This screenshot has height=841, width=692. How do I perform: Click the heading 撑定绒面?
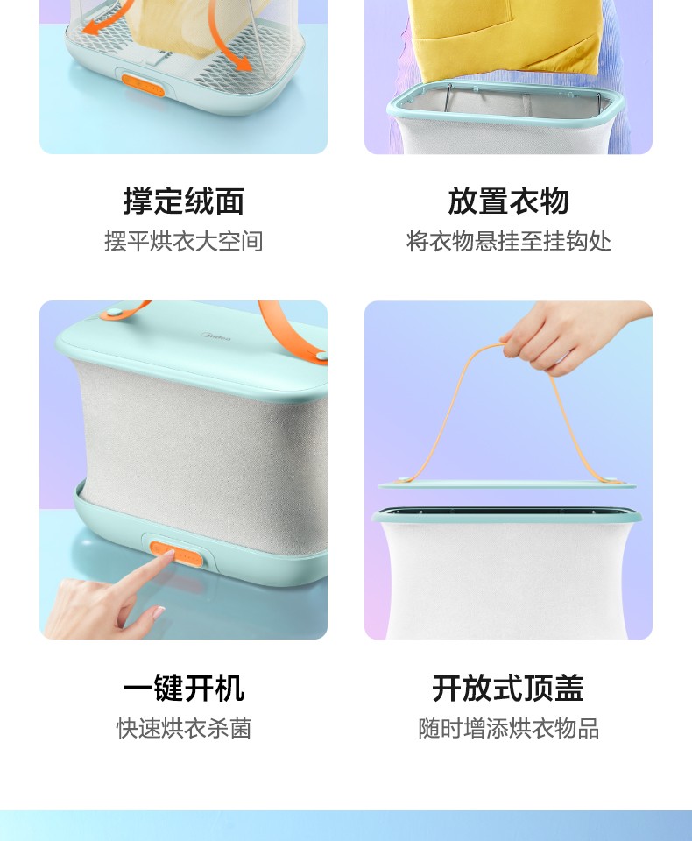point(183,201)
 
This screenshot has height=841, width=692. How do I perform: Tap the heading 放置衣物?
point(508,201)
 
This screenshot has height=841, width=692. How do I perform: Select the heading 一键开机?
point(183,689)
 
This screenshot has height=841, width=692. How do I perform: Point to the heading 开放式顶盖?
point(508,689)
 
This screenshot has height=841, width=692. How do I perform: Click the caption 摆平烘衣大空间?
point(183,242)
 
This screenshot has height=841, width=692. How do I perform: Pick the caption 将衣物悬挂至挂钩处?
point(509,242)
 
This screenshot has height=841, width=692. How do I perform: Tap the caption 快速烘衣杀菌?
point(183,728)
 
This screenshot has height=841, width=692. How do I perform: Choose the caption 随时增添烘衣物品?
point(509,728)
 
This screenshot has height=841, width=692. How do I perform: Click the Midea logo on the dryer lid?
point(215,336)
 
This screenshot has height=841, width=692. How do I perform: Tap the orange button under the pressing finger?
point(176,554)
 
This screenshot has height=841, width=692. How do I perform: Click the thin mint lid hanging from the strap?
point(507,485)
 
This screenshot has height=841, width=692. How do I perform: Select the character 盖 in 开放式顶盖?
point(569,689)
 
